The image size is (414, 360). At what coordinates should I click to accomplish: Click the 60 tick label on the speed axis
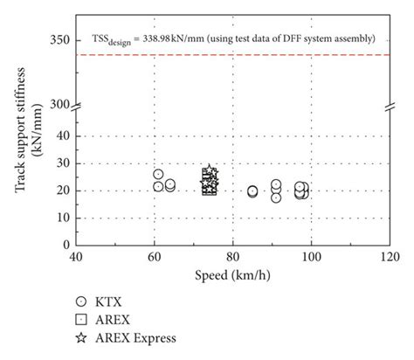coord(155,258)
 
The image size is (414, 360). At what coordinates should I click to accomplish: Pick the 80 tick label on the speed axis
coord(232,258)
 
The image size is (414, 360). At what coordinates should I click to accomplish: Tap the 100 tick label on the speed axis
coord(310,258)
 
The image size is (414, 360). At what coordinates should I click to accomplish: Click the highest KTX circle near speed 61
coord(158,175)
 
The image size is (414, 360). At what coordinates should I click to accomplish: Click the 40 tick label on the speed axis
coord(77,258)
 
